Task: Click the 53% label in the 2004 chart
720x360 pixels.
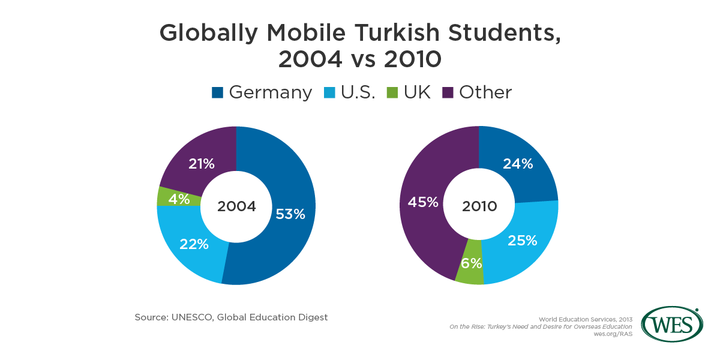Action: [290, 214]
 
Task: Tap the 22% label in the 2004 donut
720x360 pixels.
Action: [194, 244]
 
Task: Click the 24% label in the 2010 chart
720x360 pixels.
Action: [518, 163]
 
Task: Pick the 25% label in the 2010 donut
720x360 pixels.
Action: [522, 241]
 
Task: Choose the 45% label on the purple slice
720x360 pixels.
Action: [423, 203]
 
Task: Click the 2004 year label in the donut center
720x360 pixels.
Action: [236, 206]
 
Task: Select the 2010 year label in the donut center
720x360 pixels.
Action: [479, 206]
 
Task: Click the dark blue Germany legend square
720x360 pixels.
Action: [217, 92]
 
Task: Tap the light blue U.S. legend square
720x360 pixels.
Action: [329, 92]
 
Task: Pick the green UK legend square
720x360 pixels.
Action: [392, 92]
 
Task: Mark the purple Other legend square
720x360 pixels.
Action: [448, 92]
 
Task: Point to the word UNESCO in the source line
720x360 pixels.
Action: [195, 317]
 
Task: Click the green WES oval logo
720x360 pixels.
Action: [672, 325]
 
